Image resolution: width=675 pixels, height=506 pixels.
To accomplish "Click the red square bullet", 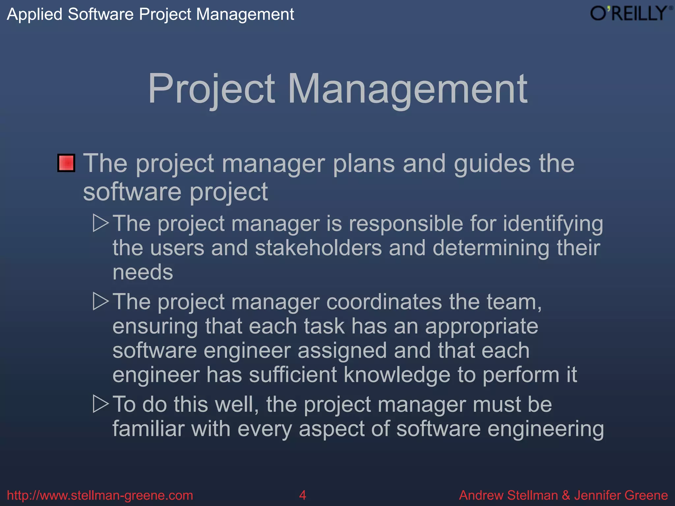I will click(66, 163).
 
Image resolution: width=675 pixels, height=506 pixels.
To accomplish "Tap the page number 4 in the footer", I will click(302, 495).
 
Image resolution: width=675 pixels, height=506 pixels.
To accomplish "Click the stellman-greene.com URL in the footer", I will click(100, 495).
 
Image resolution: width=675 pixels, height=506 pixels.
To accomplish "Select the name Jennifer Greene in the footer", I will click(621, 495).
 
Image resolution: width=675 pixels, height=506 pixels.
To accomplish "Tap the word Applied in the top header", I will click(35, 14).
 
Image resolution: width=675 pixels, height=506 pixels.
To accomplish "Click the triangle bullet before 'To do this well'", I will click(101, 404).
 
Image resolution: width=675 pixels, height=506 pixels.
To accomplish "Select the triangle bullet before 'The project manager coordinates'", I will click(101, 301).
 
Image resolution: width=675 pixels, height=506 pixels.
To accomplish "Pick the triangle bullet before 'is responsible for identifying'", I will click(101, 223).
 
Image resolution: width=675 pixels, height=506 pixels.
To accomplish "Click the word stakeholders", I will click(318, 248).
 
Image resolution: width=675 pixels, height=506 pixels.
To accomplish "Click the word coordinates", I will click(384, 302).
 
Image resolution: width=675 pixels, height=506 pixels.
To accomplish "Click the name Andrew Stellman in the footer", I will click(508, 495).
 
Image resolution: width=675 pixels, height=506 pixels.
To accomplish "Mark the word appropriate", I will click(481, 327).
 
